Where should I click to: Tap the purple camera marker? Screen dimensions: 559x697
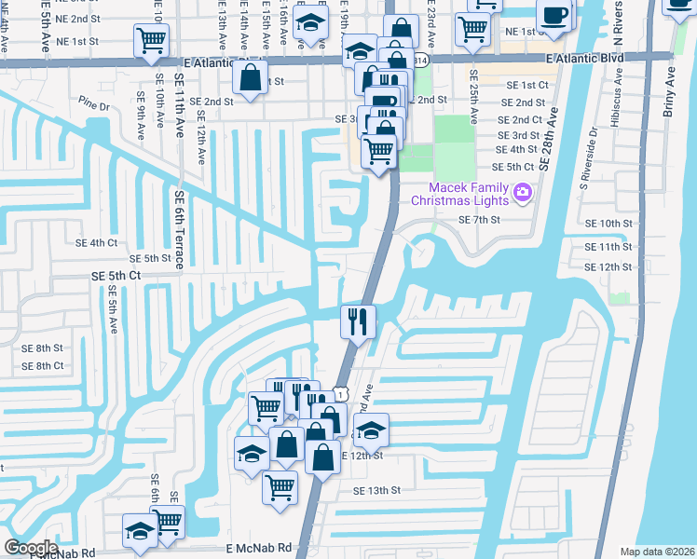point(522,193)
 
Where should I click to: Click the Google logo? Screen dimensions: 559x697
point(31,547)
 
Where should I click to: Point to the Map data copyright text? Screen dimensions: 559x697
point(657,552)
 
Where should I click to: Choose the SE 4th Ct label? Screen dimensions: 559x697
point(96,242)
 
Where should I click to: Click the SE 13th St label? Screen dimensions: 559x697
point(376,490)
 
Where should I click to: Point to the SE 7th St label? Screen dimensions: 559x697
point(480,220)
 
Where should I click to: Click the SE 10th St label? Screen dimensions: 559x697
point(608,224)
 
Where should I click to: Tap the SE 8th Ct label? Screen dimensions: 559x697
point(42,365)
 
